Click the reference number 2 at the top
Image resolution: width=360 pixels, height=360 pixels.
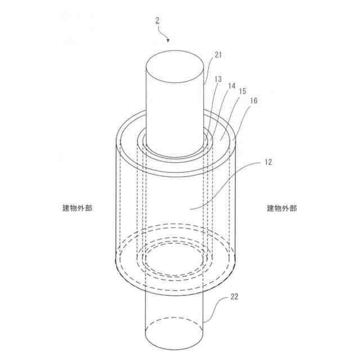pyautogui.click(x=157, y=21)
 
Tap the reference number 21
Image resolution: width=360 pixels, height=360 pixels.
pyautogui.click(x=219, y=55)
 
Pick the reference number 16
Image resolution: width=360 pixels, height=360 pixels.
pyautogui.click(x=254, y=101)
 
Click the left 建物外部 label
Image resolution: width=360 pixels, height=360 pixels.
pyautogui.click(x=78, y=208)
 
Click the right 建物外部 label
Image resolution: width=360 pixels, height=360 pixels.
pyautogui.click(x=282, y=208)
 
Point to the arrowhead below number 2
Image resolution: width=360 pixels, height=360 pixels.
pyautogui.click(x=167, y=40)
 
